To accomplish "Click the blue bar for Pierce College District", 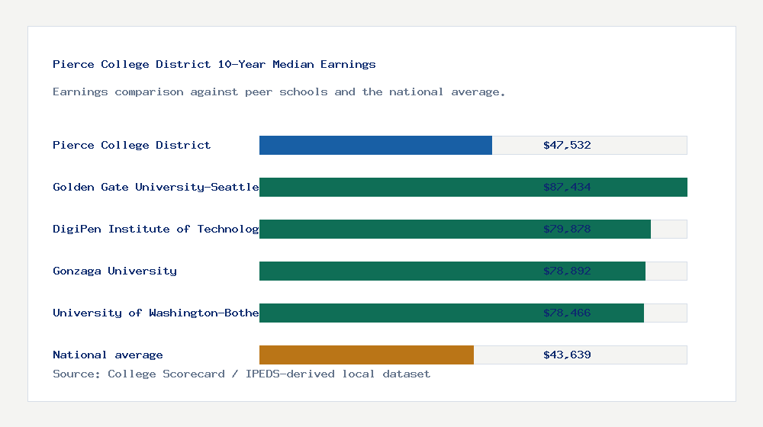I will pyautogui.click(x=375, y=145).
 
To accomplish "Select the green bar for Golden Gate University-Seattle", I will pyautogui.click(x=397, y=187).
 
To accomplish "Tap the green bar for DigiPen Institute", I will pyautogui.click(x=397, y=229).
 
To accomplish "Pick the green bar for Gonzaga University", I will pyautogui.click(x=397, y=271).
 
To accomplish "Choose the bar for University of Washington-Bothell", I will pyautogui.click(x=397, y=313).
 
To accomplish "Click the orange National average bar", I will pyautogui.click(x=366, y=355).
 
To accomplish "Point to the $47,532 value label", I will pyautogui.click(x=567, y=145).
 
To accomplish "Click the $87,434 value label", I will pyautogui.click(x=567, y=187).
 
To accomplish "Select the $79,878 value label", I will pyautogui.click(x=567, y=229).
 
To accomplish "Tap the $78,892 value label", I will pyautogui.click(x=567, y=271).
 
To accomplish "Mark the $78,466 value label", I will pyautogui.click(x=567, y=313).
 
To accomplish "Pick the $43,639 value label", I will pyautogui.click(x=567, y=355).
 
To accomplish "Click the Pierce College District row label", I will pyautogui.click(x=131, y=145).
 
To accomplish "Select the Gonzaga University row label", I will pyautogui.click(x=114, y=271).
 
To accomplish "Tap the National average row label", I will pyautogui.click(x=108, y=355).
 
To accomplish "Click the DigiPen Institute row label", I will pyautogui.click(x=156, y=229).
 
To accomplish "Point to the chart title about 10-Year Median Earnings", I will pyautogui.click(x=214, y=64).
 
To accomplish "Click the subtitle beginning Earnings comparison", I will pyautogui.click(x=279, y=91).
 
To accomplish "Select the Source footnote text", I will pyautogui.click(x=241, y=374).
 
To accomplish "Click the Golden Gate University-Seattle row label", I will pyautogui.click(x=156, y=187).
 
